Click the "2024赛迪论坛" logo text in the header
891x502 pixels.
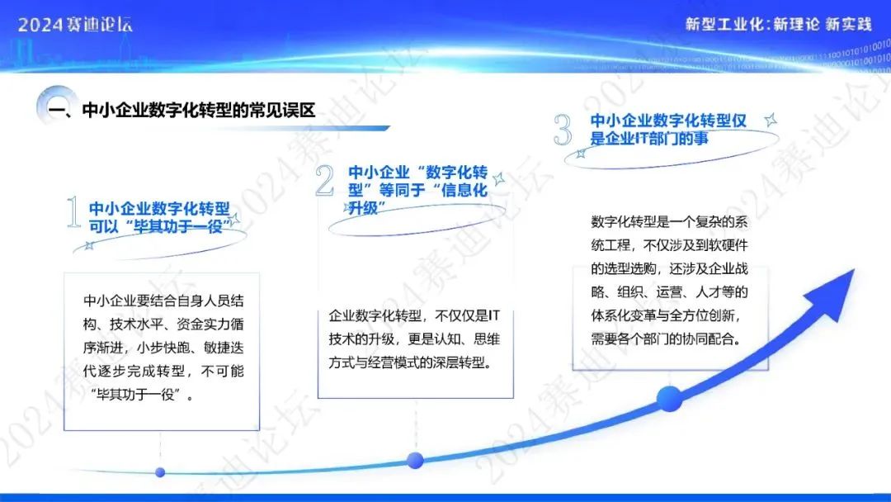[x=75, y=25]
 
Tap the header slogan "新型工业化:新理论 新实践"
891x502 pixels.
[x=778, y=24]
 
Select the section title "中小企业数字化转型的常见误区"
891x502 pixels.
[x=198, y=110]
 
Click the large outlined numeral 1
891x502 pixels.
[x=73, y=212]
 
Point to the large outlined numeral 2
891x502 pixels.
[x=324, y=180]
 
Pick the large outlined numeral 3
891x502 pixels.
[x=563, y=129]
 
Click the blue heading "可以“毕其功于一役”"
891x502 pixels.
[x=160, y=227]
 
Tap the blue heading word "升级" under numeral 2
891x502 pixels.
[x=363, y=208]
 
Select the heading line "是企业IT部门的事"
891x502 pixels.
[x=649, y=138]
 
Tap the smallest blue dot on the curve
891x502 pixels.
[x=160, y=472]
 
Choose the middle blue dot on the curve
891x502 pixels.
[x=415, y=460]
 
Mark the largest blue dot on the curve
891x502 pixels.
[x=669, y=399]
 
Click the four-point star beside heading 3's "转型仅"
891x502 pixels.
[x=771, y=120]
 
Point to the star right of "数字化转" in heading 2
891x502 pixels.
[x=499, y=179]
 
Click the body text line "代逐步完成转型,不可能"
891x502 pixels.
[x=163, y=372]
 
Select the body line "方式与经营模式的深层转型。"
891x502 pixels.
[x=411, y=362]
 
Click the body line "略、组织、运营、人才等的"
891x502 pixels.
[x=669, y=292]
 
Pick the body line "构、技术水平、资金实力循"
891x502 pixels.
[x=163, y=324]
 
